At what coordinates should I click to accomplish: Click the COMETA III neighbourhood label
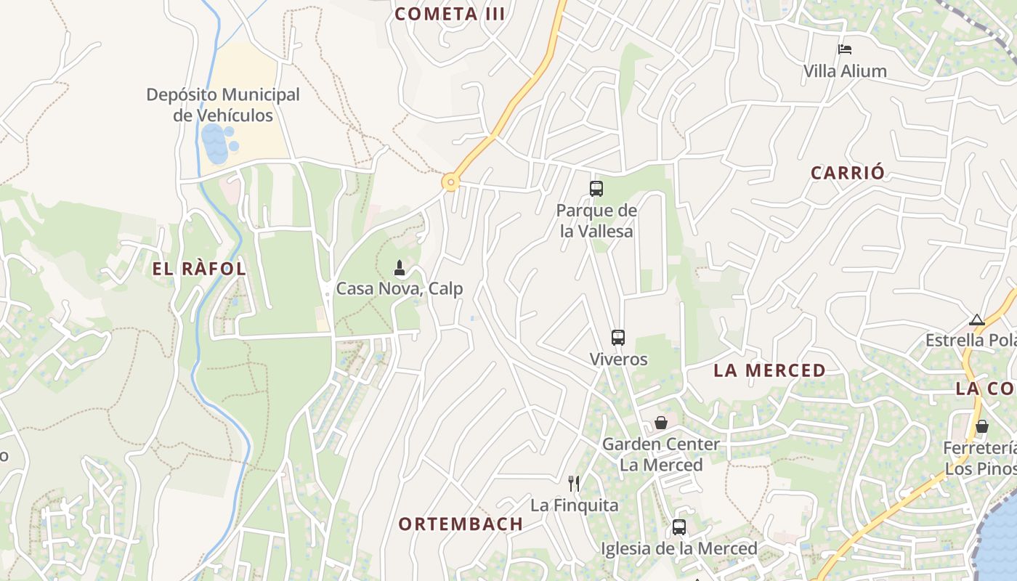(450, 14)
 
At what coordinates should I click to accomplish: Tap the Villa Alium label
(845, 71)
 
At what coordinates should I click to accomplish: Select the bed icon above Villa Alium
(844, 49)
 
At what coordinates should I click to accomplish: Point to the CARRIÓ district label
(848, 173)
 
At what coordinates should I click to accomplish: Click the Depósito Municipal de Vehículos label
(223, 105)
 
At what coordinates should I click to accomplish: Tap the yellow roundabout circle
(451, 182)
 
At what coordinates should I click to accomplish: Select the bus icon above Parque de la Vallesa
(596, 189)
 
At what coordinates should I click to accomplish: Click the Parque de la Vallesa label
(596, 221)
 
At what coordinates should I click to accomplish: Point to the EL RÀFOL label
(199, 269)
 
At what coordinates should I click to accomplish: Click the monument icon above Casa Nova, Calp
(399, 268)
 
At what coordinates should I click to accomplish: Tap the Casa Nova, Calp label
(399, 289)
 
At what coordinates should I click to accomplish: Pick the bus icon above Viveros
(618, 337)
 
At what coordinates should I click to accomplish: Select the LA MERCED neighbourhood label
(769, 370)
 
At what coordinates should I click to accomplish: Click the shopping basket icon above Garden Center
(661, 422)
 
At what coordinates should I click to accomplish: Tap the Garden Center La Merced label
(661, 454)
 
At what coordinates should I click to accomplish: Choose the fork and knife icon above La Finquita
(574, 483)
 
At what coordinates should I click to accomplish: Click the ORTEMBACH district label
(461, 524)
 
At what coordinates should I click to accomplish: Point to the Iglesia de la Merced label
(678, 548)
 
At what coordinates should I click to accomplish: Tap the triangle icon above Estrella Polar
(977, 320)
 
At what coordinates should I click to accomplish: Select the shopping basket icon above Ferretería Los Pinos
(982, 426)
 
